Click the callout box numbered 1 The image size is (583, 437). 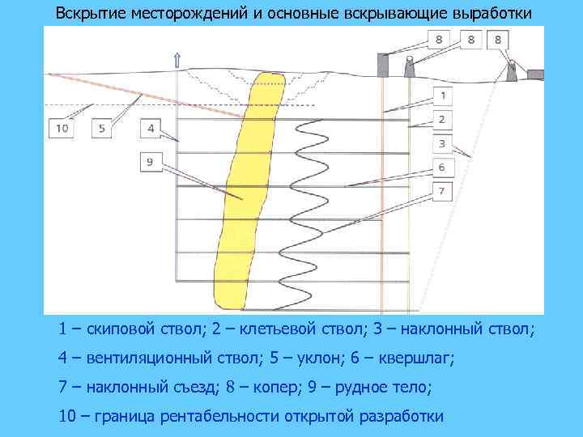(x=442, y=95)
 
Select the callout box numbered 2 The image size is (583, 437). (x=442, y=120)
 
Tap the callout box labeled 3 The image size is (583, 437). (x=442, y=144)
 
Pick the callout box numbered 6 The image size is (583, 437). (x=442, y=168)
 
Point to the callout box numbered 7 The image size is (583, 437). (x=442, y=192)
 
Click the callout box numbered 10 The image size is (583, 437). (x=62, y=128)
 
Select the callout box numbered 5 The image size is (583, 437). (x=101, y=128)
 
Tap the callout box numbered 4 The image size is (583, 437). (x=151, y=128)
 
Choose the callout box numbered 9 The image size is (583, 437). (x=151, y=162)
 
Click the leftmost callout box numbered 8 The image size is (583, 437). (x=438, y=39)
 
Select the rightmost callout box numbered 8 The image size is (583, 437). (x=496, y=39)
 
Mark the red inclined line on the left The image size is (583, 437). (x=146, y=96)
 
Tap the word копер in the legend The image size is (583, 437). (x=271, y=387)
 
